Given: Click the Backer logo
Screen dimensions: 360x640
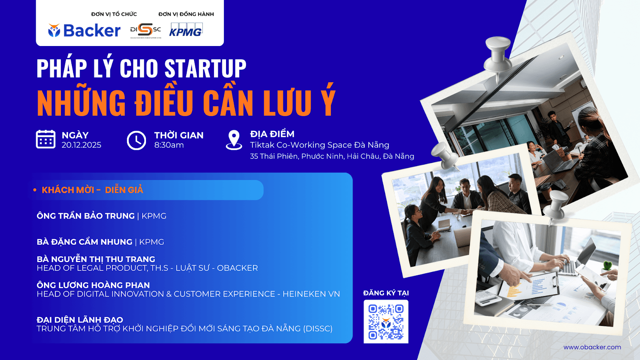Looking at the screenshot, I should tap(84, 30).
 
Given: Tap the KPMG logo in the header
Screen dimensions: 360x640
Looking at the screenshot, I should tap(185, 30).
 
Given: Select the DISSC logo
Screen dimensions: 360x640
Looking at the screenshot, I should tap(145, 30).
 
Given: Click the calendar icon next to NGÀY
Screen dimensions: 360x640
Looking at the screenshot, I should tap(46, 139).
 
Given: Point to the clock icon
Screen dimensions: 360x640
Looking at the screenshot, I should tap(136, 140).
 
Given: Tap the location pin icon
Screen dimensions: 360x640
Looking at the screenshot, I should tap(234, 139).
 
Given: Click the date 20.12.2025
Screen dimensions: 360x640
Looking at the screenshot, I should tap(81, 145).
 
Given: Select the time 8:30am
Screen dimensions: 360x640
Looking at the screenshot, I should tap(169, 145).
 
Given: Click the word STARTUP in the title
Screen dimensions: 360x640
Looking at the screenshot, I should tap(205, 68).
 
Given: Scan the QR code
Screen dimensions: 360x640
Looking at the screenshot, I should tap(386, 321).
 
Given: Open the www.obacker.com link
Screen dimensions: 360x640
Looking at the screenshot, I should tap(592, 347).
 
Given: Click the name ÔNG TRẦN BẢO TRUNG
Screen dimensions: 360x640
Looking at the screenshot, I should tap(86, 216).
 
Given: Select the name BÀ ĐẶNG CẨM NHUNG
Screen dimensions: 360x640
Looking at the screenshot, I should tap(85, 242).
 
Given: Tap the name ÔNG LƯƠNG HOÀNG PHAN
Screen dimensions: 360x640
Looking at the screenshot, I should tap(93, 285).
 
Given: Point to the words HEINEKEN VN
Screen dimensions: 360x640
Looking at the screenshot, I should tap(311, 294).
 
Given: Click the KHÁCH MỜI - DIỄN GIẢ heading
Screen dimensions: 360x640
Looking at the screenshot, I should tap(92, 190).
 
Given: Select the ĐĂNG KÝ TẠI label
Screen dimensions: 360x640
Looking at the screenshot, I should tap(386, 293).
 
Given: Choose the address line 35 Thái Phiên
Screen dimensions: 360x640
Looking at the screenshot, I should tap(332, 156).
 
